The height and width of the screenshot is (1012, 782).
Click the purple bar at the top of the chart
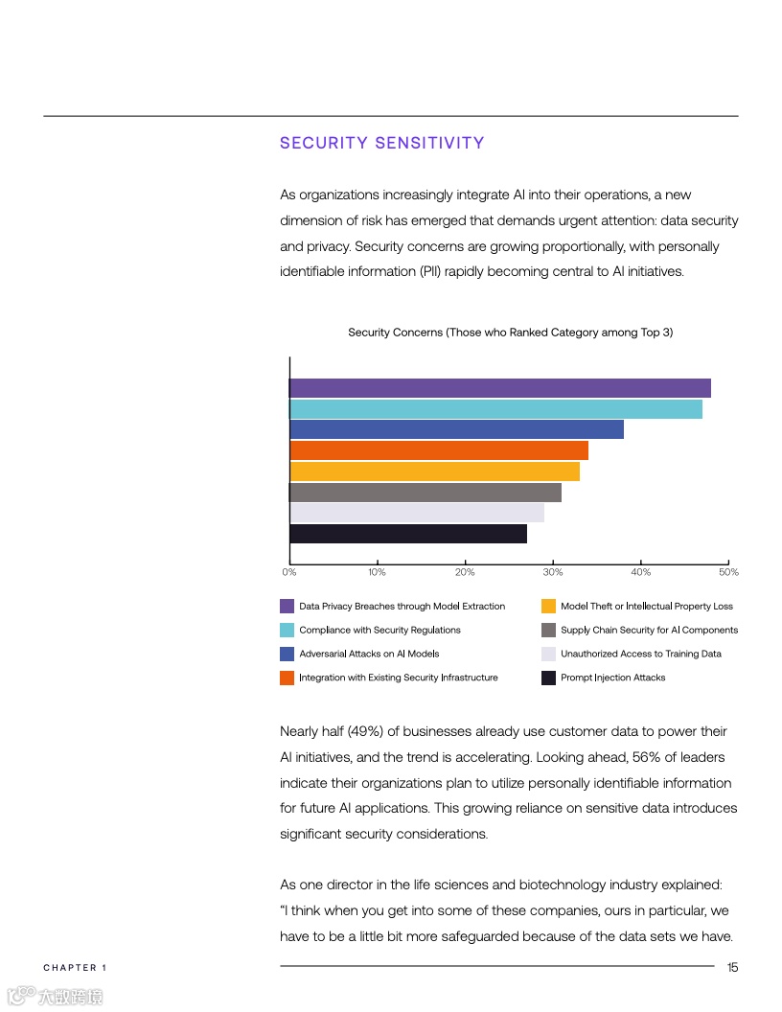pyautogui.click(x=499, y=388)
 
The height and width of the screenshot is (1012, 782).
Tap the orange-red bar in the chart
pyautogui.click(x=438, y=450)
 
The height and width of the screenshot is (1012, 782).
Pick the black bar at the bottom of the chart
pyautogui.click(x=407, y=534)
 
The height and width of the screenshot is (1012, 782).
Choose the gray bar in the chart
pyautogui.click(x=425, y=493)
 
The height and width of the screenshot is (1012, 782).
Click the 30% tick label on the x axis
pyautogui.click(x=553, y=572)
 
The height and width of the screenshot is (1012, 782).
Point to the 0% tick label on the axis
pyautogui.click(x=288, y=572)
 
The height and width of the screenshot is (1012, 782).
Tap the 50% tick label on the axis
pyautogui.click(x=728, y=572)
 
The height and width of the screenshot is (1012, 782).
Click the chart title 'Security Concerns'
pyautogui.click(x=510, y=333)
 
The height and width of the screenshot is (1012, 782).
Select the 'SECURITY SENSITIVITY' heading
pyautogui.click(x=381, y=143)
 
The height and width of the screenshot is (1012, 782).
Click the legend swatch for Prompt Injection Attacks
pyautogui.click(x=548, y=678)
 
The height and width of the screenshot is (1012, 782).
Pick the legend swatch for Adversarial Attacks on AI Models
pyautogui.click(x=287, y=654)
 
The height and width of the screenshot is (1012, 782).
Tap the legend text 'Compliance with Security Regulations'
pyautogui.click(x=379, y=630)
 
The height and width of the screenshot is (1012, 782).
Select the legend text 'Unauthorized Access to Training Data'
pyautogui.click(x=640, y=654)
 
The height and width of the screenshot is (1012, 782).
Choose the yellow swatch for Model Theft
pyautogui.click(x=548, y=606)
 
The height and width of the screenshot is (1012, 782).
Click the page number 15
pyautogui.click(x=732, y=967)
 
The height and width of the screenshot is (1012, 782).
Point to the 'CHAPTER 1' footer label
pyautogui.click(x=75, y=968)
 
